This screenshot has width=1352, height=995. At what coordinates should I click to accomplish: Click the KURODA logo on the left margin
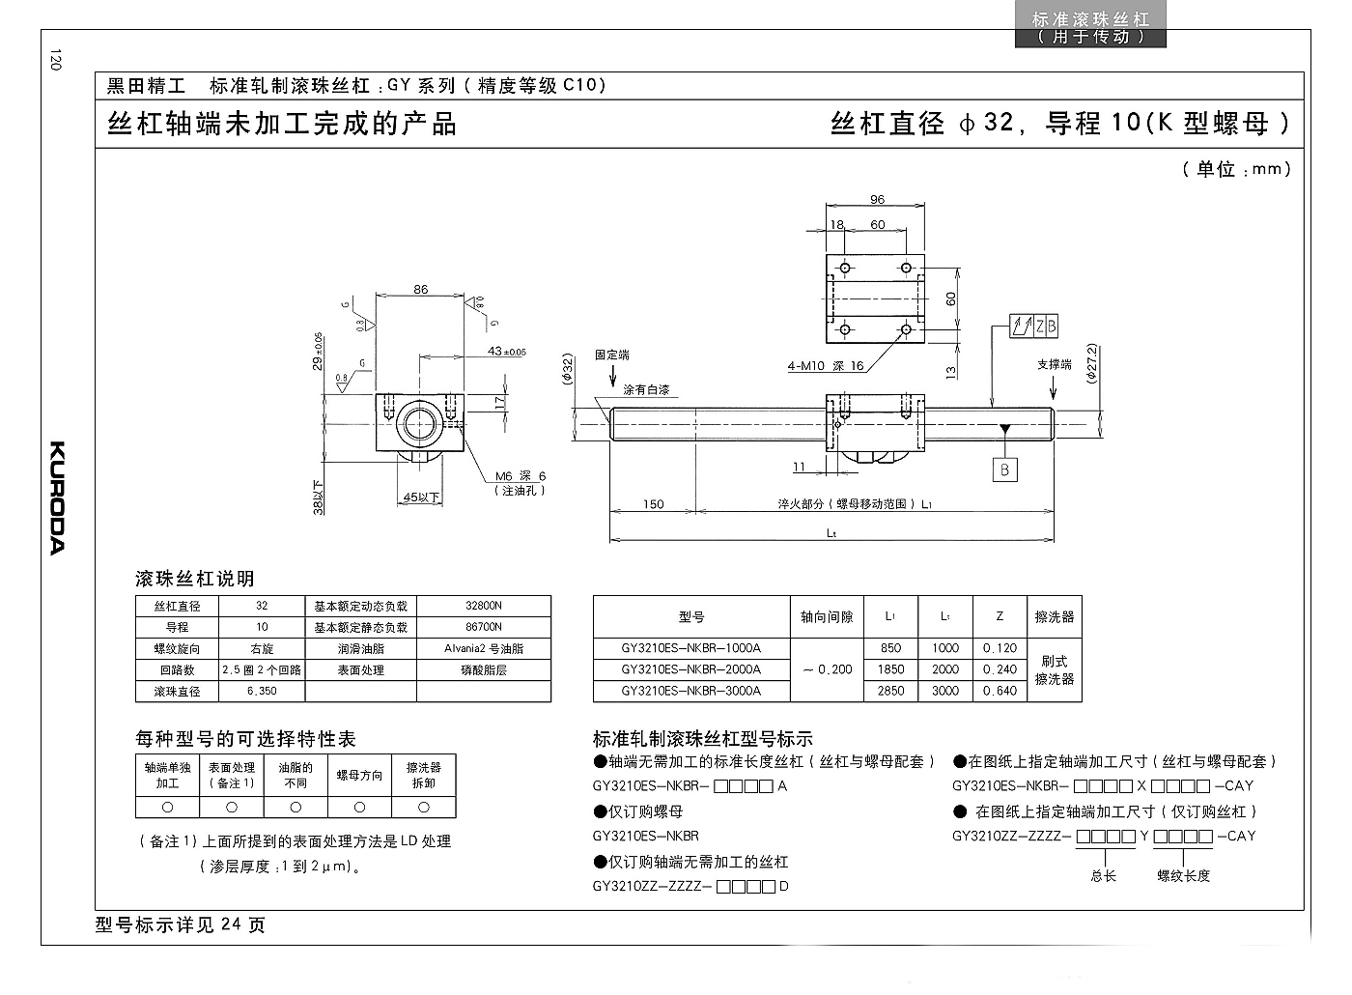click(57, 497)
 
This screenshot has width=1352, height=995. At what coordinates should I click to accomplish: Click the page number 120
click(56, 60)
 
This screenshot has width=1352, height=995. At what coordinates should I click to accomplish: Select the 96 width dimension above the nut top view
click(877, 199)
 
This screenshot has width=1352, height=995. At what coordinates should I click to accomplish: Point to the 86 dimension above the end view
click(421, 289)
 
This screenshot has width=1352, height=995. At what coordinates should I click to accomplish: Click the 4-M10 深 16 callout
click(825, 366)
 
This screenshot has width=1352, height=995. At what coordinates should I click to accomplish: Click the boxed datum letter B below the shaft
click(1005, 469)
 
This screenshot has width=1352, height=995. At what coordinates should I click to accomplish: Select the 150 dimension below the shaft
click(653, 504)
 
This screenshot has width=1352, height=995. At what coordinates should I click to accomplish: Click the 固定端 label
click(612, 355)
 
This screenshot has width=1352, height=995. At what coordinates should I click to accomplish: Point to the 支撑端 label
click(1055, 365)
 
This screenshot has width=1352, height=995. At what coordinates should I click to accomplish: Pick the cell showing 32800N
click(484, 606)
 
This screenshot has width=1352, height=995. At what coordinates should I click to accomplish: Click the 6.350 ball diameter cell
click(262, 691)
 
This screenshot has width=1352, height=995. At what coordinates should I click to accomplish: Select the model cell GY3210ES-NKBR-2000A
click(691, 668)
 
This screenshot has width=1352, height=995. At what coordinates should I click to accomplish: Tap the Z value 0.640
click(1000, 690)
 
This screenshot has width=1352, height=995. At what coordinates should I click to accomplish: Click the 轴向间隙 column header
click(827, 616)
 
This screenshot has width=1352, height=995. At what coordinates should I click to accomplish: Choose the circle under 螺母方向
click(359, 808)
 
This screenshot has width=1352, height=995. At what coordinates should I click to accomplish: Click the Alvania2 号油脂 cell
click(484, 648)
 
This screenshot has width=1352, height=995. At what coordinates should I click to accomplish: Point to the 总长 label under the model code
click(1103, 876)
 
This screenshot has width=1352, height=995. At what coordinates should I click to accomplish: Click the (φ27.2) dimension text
click(1091, 363)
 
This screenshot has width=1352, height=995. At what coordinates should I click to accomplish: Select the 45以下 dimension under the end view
click(421, 497)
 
